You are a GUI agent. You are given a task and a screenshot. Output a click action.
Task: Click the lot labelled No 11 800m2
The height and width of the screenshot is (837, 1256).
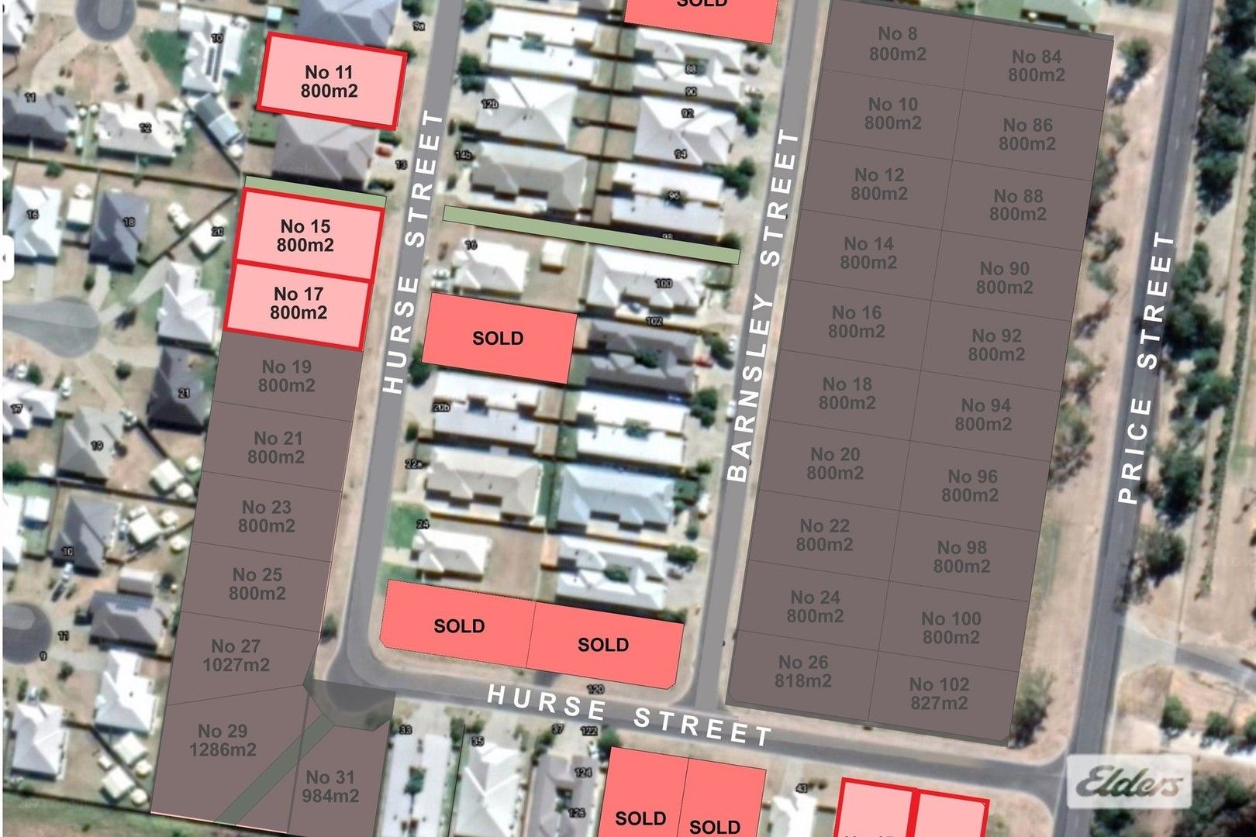point(330,81)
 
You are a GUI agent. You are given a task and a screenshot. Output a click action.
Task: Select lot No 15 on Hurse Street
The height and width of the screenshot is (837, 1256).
point(306,236)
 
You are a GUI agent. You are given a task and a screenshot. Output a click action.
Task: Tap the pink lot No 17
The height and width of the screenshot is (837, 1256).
point(298,303)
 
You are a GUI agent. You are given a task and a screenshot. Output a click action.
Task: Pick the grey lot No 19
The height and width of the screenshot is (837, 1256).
point(286,376)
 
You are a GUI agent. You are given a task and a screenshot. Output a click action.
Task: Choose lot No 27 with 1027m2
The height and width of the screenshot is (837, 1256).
point(236,656)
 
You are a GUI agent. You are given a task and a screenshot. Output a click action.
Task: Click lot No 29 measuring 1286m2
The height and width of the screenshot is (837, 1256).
point(223,740)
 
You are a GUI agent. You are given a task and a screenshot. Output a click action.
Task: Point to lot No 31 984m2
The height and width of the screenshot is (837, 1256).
point(331,786)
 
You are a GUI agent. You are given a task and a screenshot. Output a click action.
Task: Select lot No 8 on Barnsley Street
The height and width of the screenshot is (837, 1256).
point(897,44)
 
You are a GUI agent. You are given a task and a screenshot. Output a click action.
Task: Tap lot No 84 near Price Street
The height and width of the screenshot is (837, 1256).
point(1037,66)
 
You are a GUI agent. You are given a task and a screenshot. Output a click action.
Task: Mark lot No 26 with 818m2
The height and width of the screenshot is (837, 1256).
point(803,671)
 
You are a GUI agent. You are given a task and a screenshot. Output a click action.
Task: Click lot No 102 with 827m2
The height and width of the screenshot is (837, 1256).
point(939,694)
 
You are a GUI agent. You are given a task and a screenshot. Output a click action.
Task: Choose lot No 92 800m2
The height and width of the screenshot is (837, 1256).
point(996,345)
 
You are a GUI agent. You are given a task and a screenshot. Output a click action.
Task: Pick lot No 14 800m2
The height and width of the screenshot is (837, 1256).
point(868,253)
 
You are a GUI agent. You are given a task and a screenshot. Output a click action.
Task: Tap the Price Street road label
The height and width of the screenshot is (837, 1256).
point(1147,368)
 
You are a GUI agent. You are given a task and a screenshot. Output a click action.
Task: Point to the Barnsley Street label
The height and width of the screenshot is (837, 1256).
point(759,306)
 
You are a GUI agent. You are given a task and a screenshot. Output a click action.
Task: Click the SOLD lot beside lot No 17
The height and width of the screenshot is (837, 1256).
point(499,338)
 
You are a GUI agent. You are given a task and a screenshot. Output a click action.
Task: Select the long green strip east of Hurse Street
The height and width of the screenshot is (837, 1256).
point(591,235)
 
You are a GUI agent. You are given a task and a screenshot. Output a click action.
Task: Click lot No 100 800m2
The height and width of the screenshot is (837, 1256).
point(951,628)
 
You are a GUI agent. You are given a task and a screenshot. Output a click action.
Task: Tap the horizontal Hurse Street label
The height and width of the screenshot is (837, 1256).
point(629,713)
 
